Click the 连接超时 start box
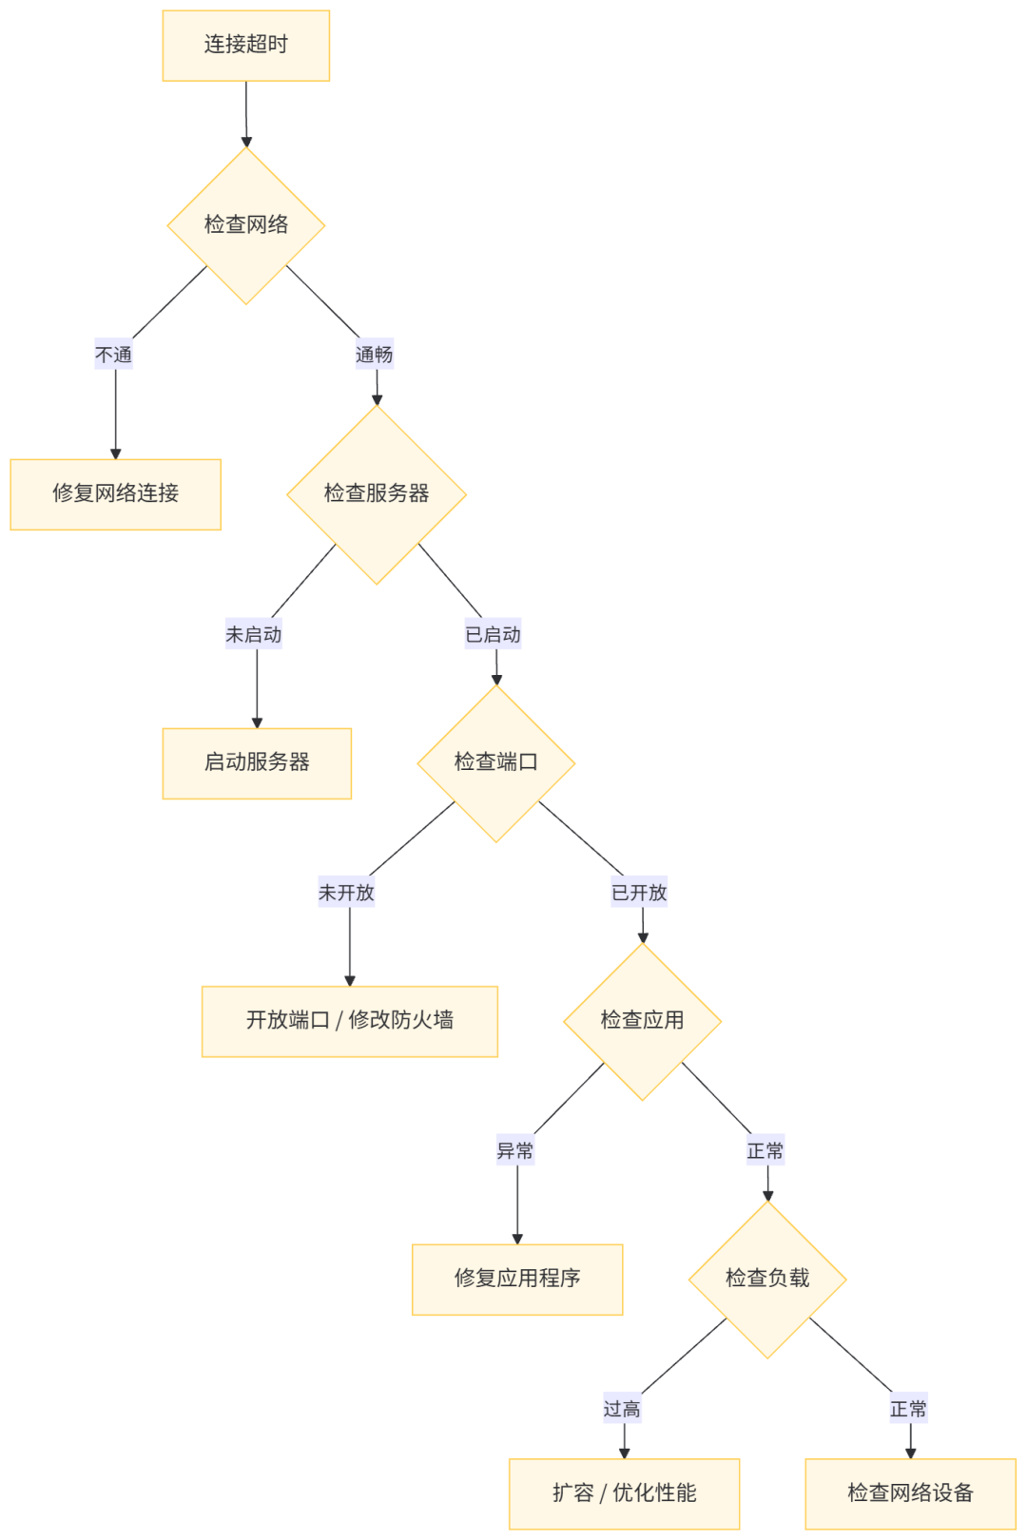pyautogui.click(x=245, y=46)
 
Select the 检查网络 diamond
pyautogui.click(x=246, y=225)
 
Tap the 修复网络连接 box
pyautogui.click(x=115, y=493)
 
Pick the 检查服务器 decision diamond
pyautogui.click(x=377, y=493)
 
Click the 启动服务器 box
pyautogui.click(x=257, y=762)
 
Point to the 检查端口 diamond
pyautogui.click(x=495, y=762)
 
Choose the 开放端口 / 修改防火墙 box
pyautogui.click(x=349, y=1021)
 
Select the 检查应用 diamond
pyautogui.click(x=642, y=1021)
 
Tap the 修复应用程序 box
pyautogui.click(x=516, y=1279)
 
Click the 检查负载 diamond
pyautogui.click(x=767, y=1279)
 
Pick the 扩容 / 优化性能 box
pyautogui.click(x=624, y=1492)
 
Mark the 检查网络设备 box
pyautogui.click(x=910, y=1492)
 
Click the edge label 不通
pyautogui.click(x=114, y=355)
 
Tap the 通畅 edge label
pyautogui.click(x=374, y=355)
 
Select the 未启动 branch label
pyautogui.click(x=253, y=634)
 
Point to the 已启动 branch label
pyautogui.click(x=493, y=634)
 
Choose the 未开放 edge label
pyautogui.click(x=346, y=893)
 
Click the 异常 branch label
pyautogui.click(x=515, y=1150)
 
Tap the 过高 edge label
pyautogui.click(x=622, y=1409)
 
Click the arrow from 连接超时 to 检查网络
pyautogui.click(x=246, y=114)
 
